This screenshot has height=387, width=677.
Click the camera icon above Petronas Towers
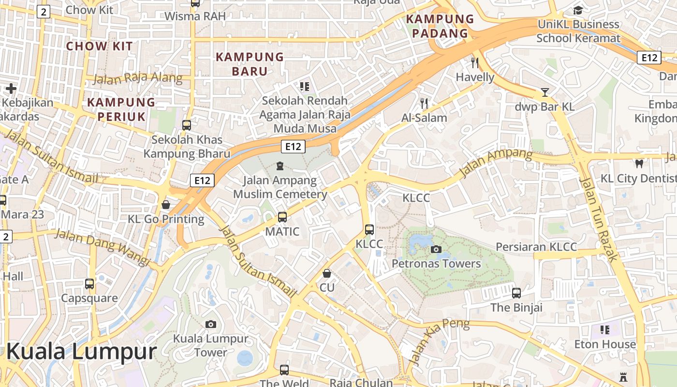click(x=436, y=249)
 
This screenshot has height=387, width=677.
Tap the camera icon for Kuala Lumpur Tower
click(x=211, y=324)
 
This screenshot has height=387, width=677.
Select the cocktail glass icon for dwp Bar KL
click(x=545, y=92)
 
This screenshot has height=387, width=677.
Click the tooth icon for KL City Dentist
click(x=639, y=164)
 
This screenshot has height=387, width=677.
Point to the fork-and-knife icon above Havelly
click(x=475, y=62)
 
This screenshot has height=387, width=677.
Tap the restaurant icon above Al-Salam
click(x=424, y=103)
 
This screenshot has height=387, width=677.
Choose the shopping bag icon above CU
click(x=327, y=273)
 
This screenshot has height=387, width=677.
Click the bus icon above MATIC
click(x=282, y=217)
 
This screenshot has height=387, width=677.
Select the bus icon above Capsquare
click(x=89, y=283)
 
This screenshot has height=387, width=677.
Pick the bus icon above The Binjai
click(x=516, y=293)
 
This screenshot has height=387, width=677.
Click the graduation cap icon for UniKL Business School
click(x=578, y=10)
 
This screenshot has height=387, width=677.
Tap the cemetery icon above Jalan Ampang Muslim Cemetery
click(x=280, y=166)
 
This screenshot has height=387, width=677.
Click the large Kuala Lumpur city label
click(x=81, y=352)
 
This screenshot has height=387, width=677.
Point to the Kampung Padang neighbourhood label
click(x=440, y=26)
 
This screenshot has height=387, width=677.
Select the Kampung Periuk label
click(x=121, y=109)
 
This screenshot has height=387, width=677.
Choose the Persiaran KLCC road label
click(x=536, y=247)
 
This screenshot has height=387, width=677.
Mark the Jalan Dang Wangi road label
click(x=103, y=247)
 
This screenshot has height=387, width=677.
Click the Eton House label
click(x=605, y=344)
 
